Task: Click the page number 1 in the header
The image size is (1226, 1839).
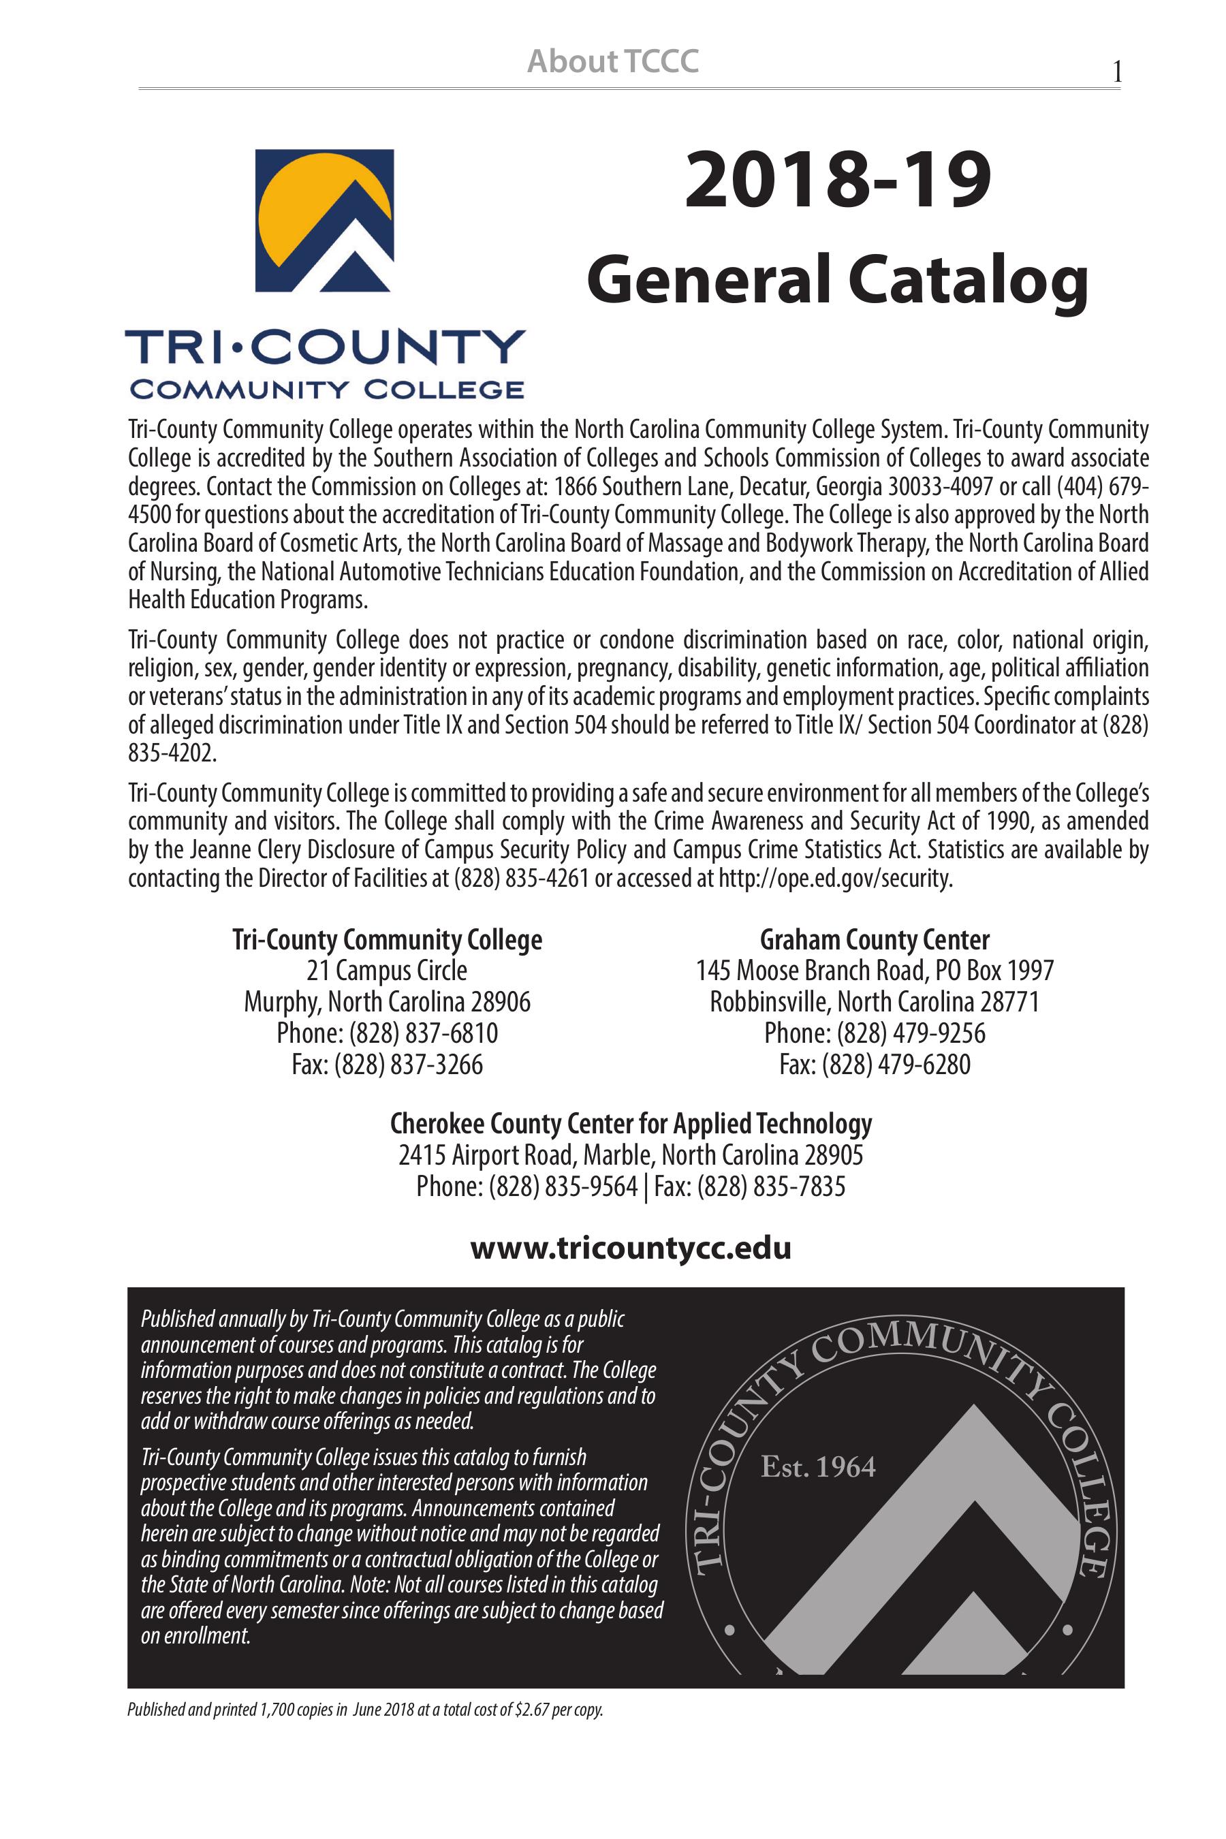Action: tap(1117, 73)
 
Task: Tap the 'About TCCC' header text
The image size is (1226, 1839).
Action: tap(613, 61)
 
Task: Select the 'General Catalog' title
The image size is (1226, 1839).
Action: tap(837, 281)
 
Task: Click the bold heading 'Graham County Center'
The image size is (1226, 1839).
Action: tap(874, 939)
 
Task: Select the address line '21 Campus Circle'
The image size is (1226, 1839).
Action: tap(386, 971)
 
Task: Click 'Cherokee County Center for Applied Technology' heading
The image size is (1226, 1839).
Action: tap(630, 1124)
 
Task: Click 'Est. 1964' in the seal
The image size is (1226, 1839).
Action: tap(818, 1468)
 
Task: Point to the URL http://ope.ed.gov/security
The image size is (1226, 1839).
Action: tap(834, 878)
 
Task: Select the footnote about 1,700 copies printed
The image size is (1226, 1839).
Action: tap(365, 1732)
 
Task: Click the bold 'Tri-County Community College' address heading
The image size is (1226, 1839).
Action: tap(386, 939)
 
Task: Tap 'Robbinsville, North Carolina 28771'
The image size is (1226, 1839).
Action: tap(874, 1002)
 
